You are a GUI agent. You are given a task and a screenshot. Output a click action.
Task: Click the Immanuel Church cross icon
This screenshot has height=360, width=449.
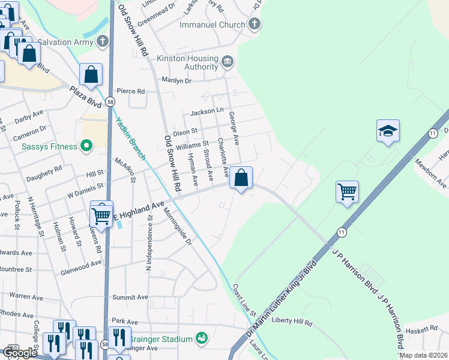pyautogui.click(x=255, y=25)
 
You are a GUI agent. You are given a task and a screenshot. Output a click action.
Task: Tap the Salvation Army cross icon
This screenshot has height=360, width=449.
pyautogui.click(x=103, y=42)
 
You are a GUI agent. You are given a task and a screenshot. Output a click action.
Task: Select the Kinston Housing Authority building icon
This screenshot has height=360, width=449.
pyautogui.click(x=228, y=62)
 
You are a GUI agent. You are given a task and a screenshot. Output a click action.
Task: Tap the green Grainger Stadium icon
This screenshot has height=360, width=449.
pyautogui.click(x=201, y=339)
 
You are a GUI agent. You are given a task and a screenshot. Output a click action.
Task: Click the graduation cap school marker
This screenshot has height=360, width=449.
pyautogui.click(x=388, y=130)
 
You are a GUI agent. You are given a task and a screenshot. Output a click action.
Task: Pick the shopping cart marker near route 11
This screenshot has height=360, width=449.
pyautogui.click(x=348, y=192)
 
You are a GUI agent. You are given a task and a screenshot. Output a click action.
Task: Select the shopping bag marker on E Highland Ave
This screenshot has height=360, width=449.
pyautogui.click(x=241, y=178)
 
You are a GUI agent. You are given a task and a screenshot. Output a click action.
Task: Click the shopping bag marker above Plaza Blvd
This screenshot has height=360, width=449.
pyautogui.click(x=91, y=75)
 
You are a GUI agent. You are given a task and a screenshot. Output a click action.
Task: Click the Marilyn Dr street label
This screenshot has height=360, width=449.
pyautogui.click(x=176, y=80)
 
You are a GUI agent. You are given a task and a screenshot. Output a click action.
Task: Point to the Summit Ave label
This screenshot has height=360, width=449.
pyautogui.click(x=130, y=297)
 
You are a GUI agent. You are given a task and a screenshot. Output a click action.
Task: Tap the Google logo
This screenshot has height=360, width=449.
pyautogui.click(x=20, y=352)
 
